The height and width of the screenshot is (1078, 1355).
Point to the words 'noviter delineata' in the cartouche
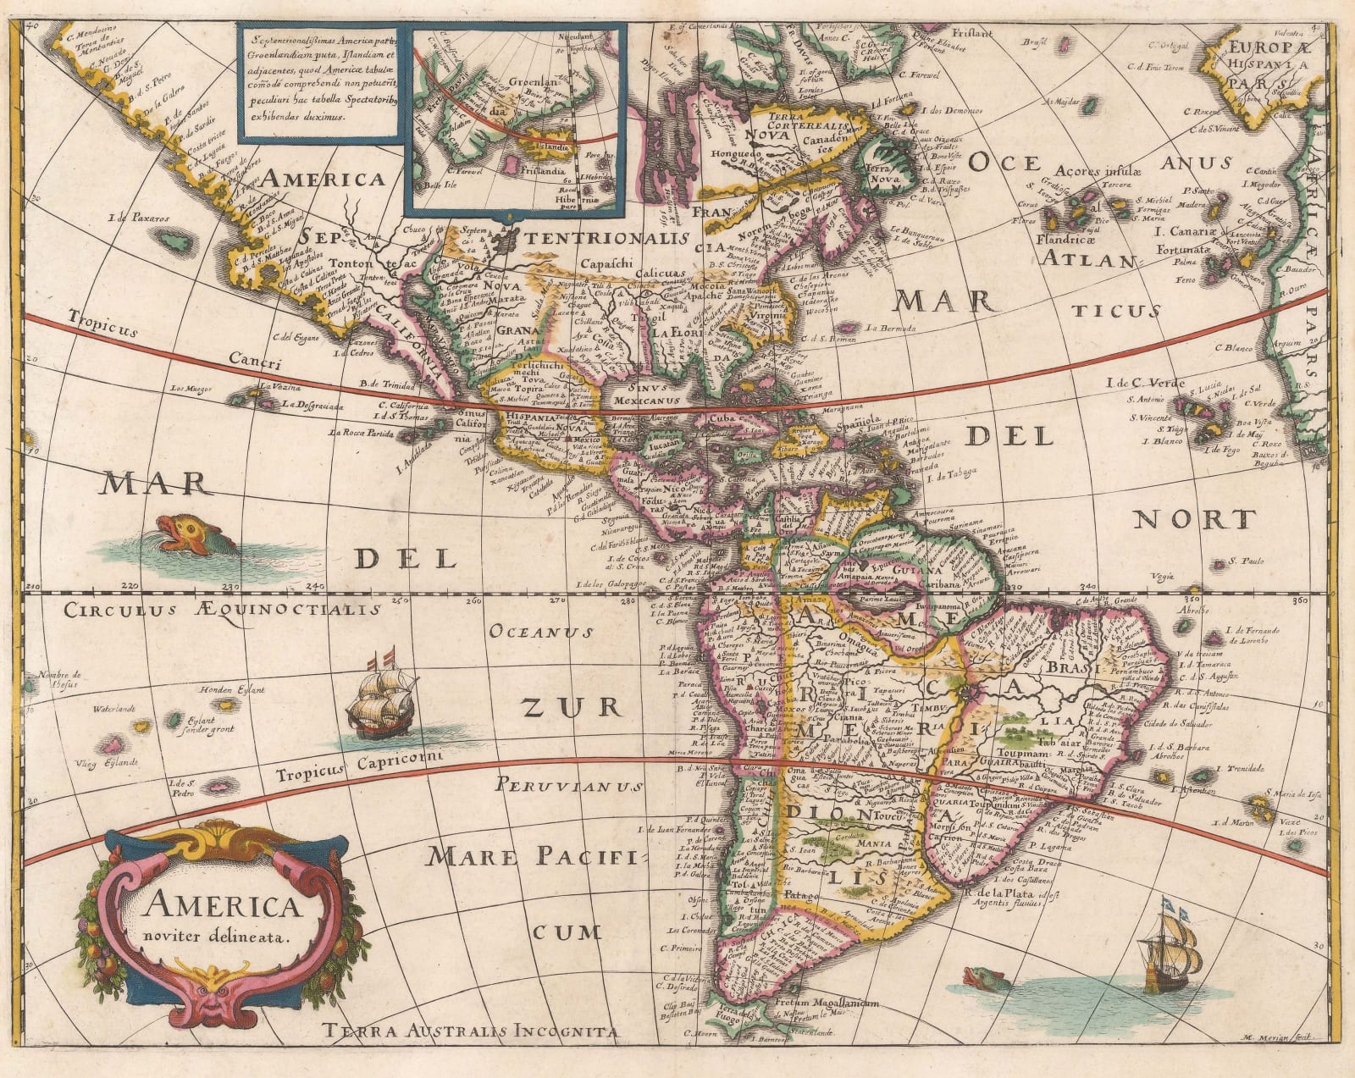[218, 937]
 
